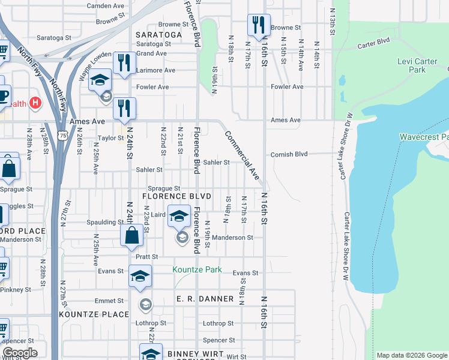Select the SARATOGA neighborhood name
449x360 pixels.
coord(158,35)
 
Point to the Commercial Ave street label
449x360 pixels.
coord(242,156)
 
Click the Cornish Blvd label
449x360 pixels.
coord(289,154)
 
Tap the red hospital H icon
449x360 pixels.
coord(35,103)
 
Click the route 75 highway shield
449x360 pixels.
coord(62,136)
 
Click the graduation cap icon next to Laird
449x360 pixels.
coord(178,216)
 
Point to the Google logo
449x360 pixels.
coord(19,353)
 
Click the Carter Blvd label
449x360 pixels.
coord(373,44)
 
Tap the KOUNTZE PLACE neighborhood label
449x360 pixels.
coord(94,314)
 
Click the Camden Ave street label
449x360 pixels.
coord(105,6)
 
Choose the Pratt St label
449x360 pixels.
coord(146,256)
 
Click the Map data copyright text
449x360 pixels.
coord(411,355)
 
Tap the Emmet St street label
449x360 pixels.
coord(109,301)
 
